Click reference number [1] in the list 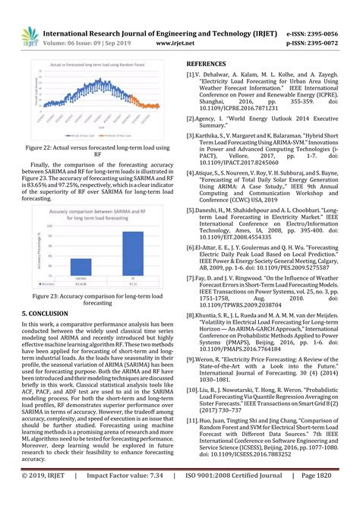[x=191, y=75]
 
